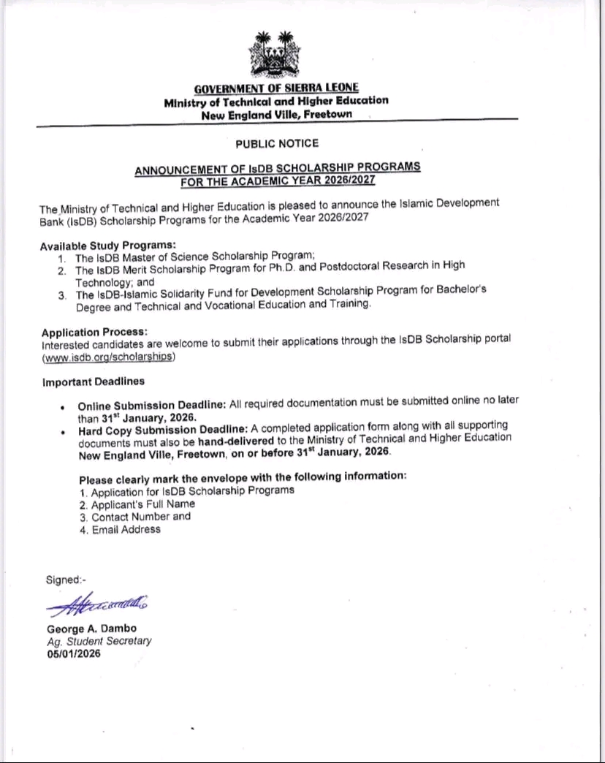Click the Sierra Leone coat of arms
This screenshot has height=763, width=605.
[270, 55]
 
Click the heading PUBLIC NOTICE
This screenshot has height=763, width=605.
[277, 143]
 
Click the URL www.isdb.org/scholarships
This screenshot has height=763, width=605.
[109, 357]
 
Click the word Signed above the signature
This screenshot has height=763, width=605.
[64, 580]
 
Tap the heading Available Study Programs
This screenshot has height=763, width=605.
[108, 246]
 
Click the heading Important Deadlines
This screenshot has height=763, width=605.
[94, 381]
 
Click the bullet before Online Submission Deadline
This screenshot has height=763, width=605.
[64, 408]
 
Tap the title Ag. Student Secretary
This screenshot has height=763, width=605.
[99, 641]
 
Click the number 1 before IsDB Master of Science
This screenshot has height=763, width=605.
[61, 258]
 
